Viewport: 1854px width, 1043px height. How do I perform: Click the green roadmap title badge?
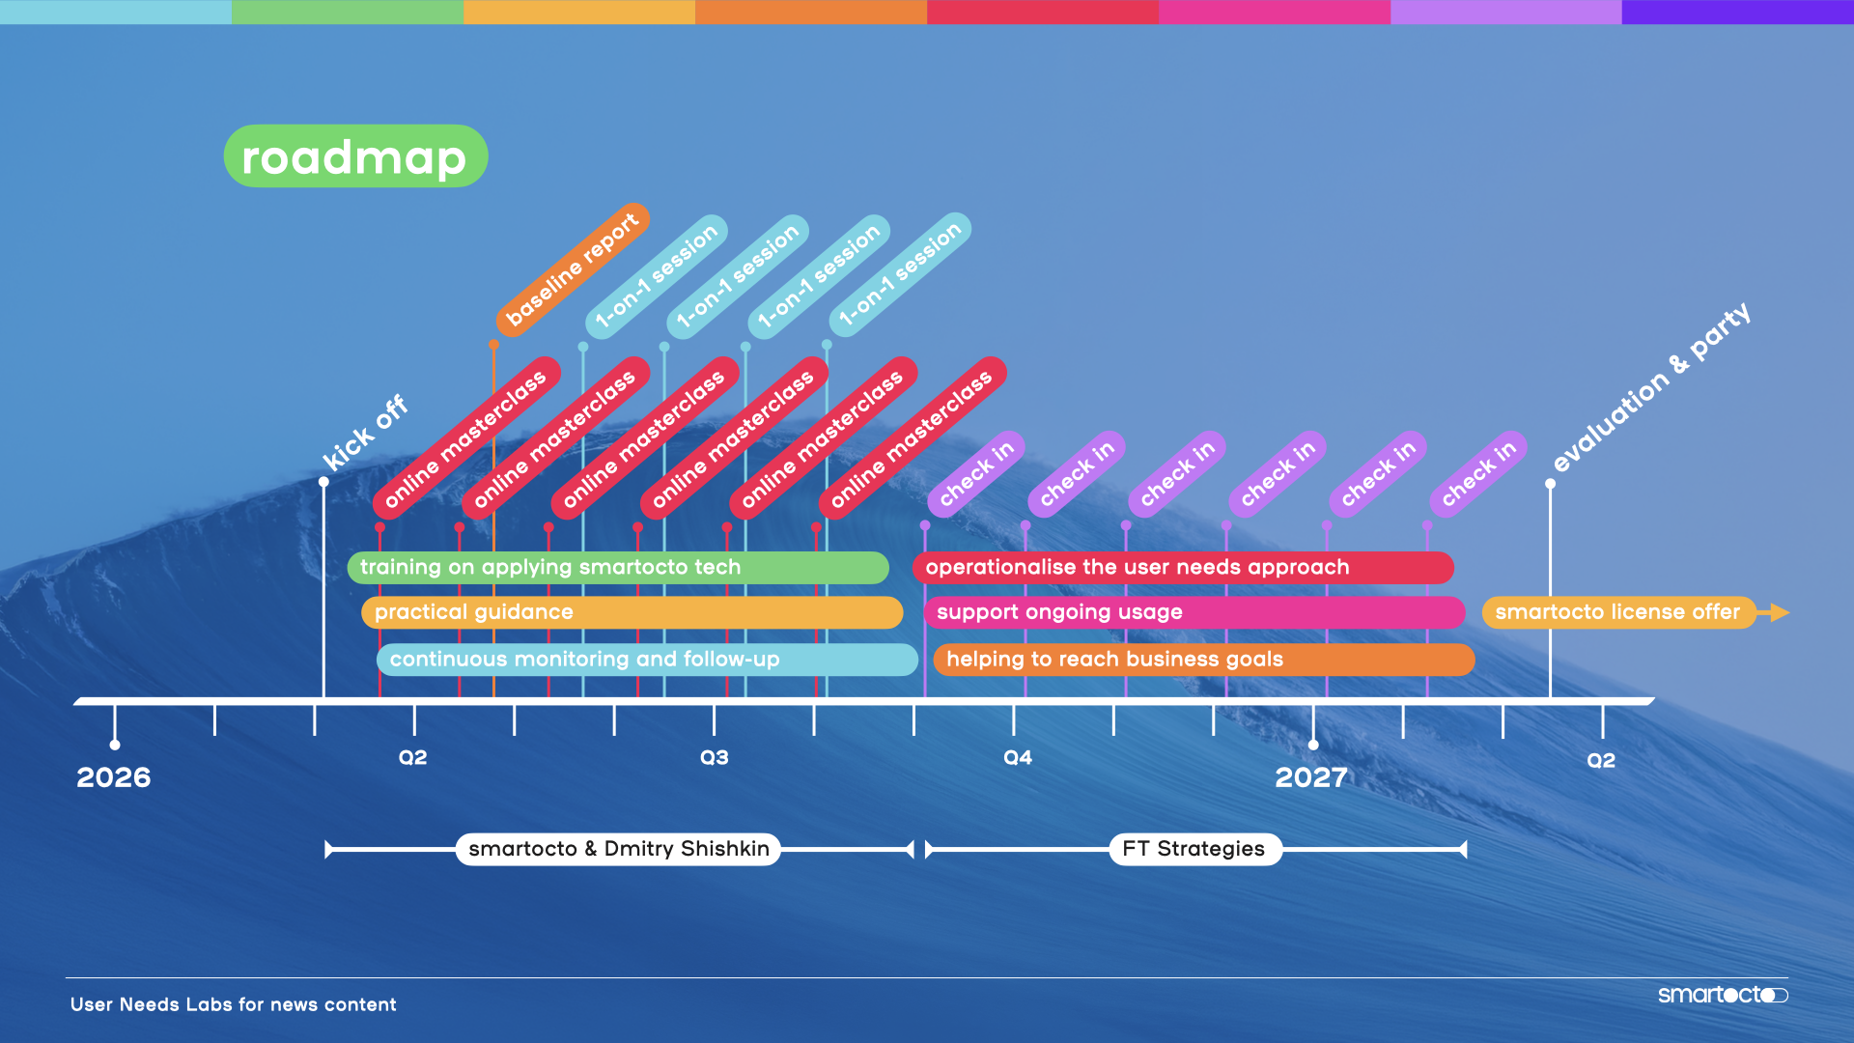pyautogui.click(x=355, y=156)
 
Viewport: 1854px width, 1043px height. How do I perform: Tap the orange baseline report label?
pyautogui.click(x=572, y=270)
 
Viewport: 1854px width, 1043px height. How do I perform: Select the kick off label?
pyautogui.click(x=365, y=433)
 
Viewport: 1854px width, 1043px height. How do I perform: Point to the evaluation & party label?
pyautogui.click(x=1651, y=387)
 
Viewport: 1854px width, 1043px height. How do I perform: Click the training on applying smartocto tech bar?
pyautogui.click(x=618, y=568)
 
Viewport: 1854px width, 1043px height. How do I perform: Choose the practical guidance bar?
pyautogui.click(x=632, y=612)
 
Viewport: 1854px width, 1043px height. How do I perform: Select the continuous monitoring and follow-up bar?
pyautogui.click(x=647, y=660)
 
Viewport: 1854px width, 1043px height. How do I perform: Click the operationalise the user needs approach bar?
pyautogui.click(x=1183, y=568)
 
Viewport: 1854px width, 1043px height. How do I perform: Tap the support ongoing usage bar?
pyautogui.click(x=1194, y=612)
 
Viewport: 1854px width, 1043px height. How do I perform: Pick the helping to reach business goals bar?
pyautogui.click(x=1203, y=660)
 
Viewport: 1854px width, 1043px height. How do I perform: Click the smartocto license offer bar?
pyautogui.click(x=1617, y=612)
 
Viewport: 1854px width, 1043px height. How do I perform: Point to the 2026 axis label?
pyautogui.click(x=114, y=777)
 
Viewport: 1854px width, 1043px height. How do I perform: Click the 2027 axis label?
pyautogui.click(x=1310, y=777)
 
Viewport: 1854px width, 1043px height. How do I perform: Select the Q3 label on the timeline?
pyautogui.click(x=715, y=758)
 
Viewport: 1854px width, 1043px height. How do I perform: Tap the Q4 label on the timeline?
pyautogui.click(x=1018, y=758)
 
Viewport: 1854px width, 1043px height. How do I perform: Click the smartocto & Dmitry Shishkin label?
pyautogui.click(x=618, y=849)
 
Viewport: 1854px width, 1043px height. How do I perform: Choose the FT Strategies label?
pyautogui.click(x=1194, y=849)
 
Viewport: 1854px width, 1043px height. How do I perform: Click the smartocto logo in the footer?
pyautogui.click(x=1722, y=995)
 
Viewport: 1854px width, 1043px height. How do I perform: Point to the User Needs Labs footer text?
pyautogui.click(x=234, y=1004)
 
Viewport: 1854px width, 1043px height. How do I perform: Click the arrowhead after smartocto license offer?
pyautogui.click(x=1779, y=612)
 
